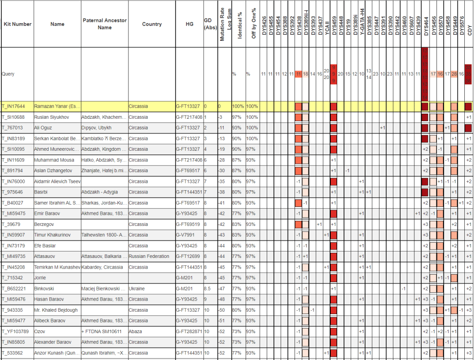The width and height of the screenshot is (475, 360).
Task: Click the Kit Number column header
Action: click(18, 24)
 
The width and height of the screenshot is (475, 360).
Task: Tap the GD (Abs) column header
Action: click(210, 24)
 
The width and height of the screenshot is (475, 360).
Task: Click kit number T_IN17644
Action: click(13, 106)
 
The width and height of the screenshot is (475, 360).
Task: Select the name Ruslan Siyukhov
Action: click(51, 117)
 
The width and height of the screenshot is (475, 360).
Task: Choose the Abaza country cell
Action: click(136, 331)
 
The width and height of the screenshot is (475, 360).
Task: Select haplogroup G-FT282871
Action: click(189, 331)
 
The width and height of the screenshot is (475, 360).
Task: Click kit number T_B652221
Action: click(14, 288)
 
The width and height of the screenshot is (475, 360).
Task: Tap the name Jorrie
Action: click(41, 277)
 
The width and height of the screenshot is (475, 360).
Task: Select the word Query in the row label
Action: click(8, 74)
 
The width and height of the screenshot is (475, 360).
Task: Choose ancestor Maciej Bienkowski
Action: click(103, 288)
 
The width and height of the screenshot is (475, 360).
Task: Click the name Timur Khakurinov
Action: click(55, 235)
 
